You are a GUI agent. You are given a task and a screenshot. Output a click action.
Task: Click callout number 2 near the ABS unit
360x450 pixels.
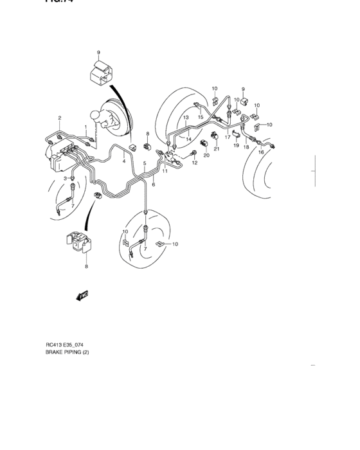click(59, 118)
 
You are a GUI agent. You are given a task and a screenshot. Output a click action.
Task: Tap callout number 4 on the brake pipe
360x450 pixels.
click(124, 161)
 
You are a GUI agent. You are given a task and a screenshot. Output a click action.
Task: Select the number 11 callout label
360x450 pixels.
click(165, 172)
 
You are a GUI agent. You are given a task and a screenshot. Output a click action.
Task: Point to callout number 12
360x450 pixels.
click(194, 163)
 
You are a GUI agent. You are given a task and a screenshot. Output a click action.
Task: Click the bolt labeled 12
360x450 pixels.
click(193, 153)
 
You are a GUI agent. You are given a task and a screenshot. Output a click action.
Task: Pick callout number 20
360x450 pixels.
click(206, 156)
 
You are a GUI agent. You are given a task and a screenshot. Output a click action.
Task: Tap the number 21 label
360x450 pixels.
click(217, 149)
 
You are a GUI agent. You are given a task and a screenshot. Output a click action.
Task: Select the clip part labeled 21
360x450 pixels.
click(217, 136)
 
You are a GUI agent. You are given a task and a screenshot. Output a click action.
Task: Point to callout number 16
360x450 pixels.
click(261, 152)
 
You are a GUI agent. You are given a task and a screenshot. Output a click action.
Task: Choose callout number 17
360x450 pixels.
click(227, 137)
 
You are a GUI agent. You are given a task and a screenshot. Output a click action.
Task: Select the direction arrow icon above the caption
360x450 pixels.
click(82, 296)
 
